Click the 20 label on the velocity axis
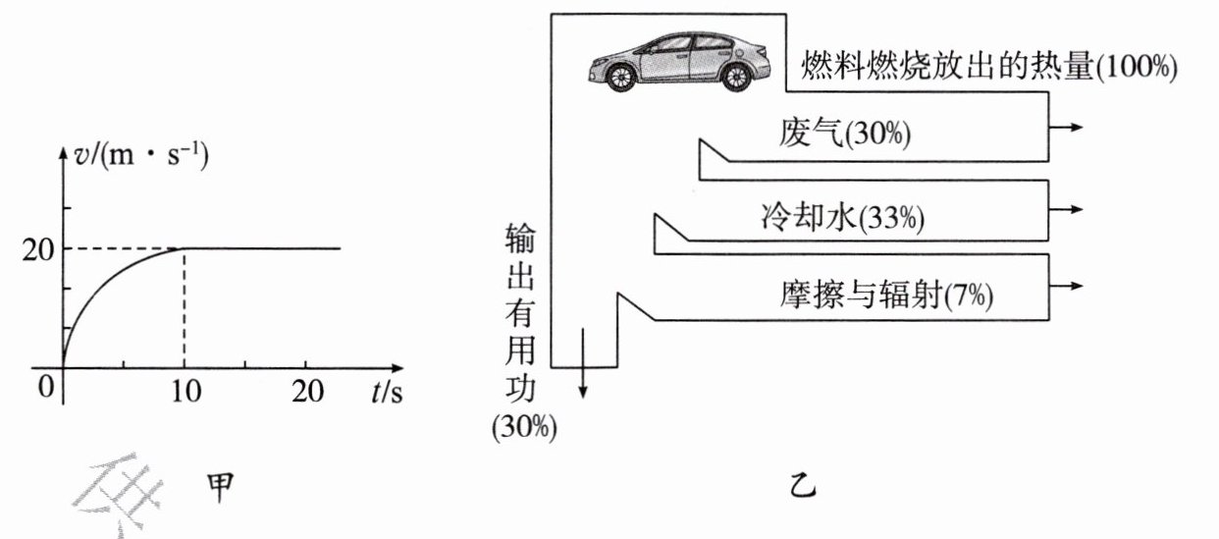(38, 250)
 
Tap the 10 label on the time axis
(186, 391)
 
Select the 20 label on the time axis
(307, 391)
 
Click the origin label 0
(46, 387)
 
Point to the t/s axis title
(387, 392)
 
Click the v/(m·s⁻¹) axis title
(141, 156)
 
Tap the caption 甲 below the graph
(221, 487)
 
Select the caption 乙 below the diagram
(803, 486)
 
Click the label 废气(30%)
(845, 134)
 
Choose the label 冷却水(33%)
(842, 217)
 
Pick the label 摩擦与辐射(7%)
(886, 296)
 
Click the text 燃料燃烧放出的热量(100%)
(989, 67)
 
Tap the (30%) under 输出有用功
(524, 426)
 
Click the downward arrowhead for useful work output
(583, 392)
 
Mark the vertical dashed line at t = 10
(184, 308)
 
